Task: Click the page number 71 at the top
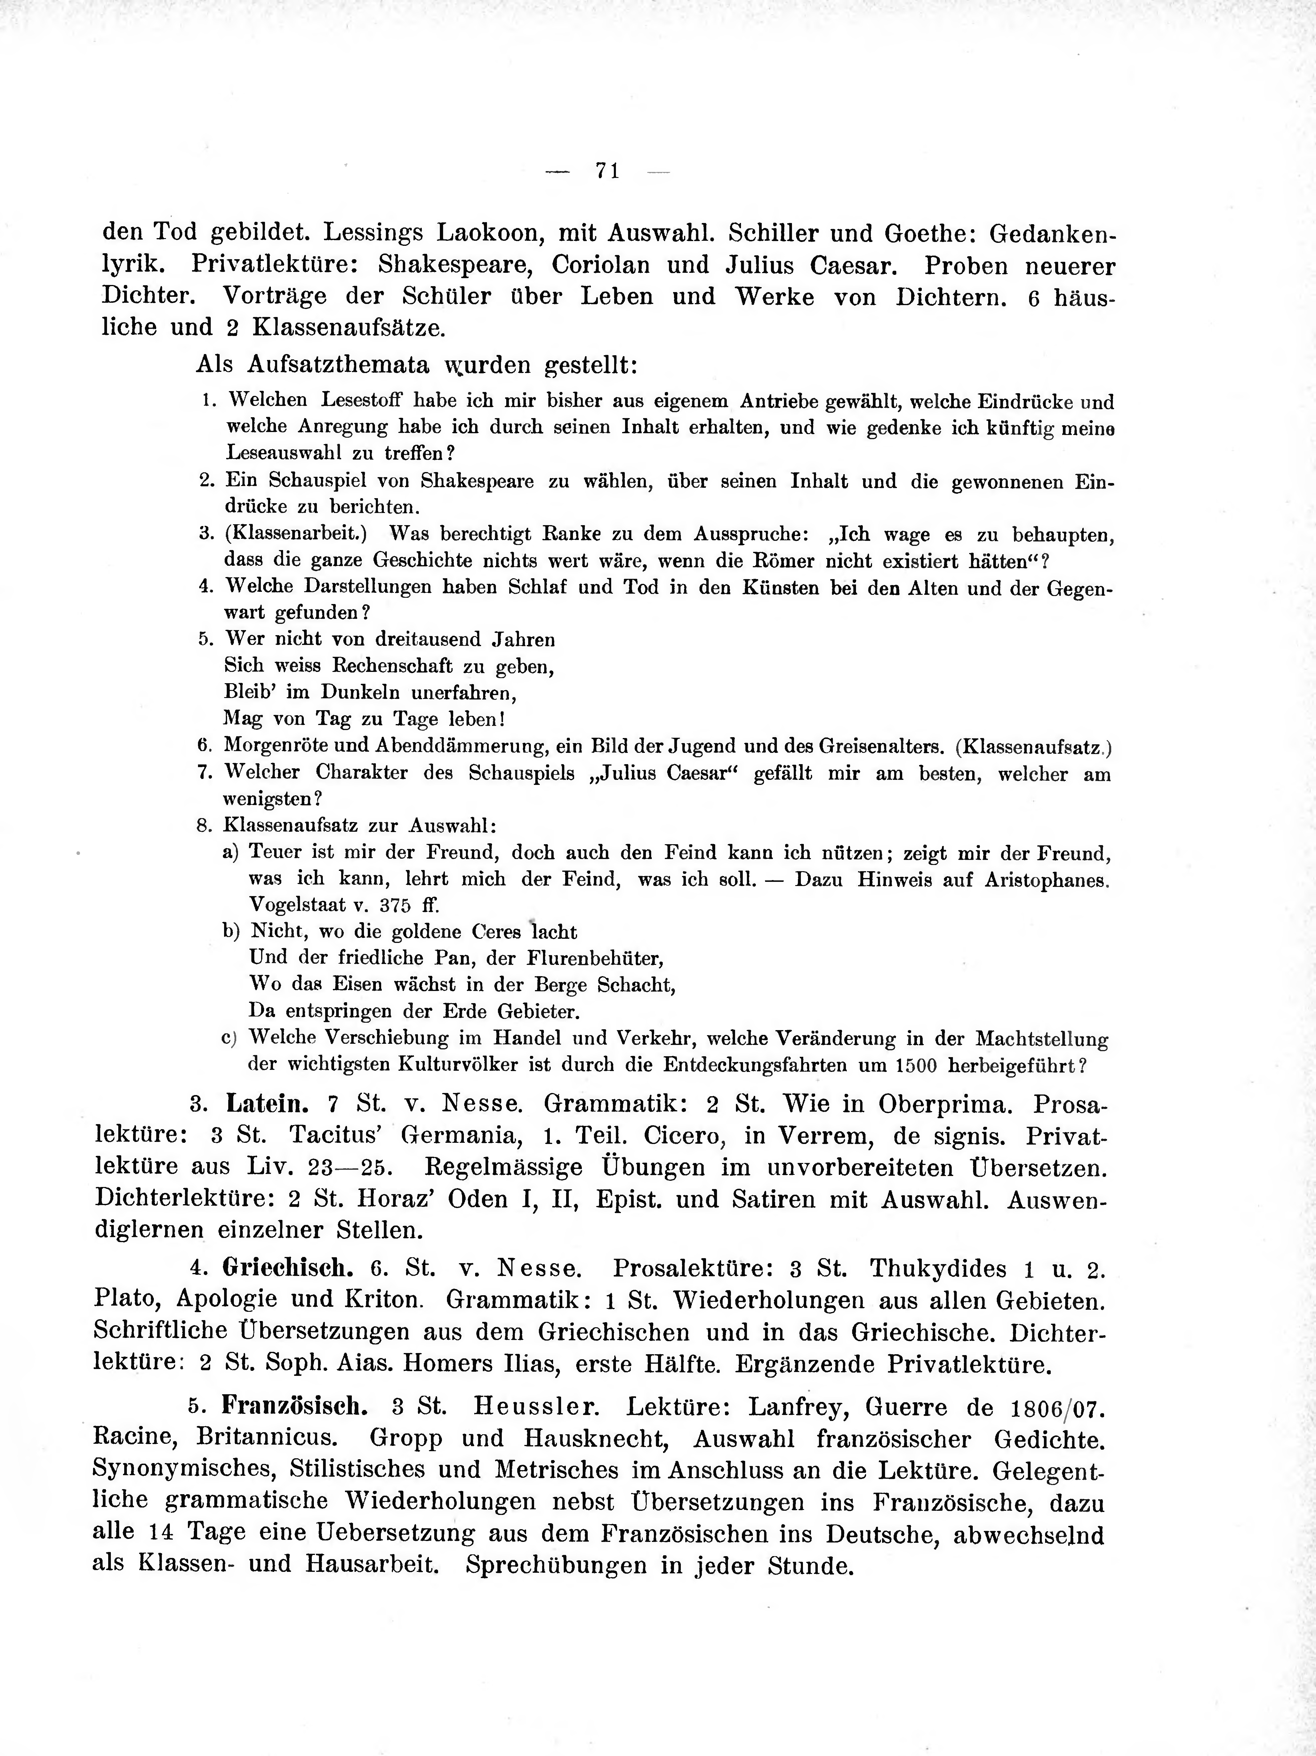click(x=607, y=171)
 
